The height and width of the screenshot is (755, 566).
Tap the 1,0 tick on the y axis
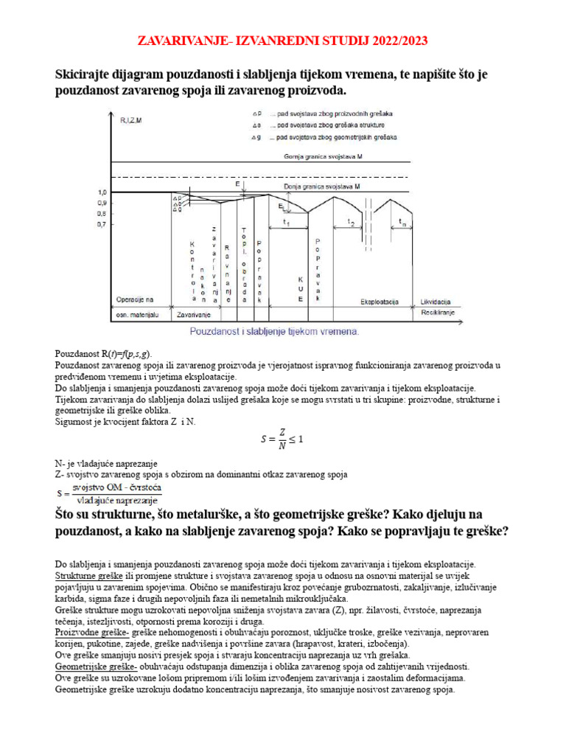click(102, 192)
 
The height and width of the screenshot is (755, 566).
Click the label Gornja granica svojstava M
click(322, 157)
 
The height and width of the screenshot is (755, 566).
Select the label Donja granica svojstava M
click(324, 188)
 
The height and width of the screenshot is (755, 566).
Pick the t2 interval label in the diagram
click(352, 223)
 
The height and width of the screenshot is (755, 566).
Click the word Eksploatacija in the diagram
click(380, 302)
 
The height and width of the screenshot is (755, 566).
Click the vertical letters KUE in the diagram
click(301, 289)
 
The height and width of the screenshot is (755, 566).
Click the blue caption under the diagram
click(274, 332)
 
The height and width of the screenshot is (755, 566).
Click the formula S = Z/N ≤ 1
click(282, 439)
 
